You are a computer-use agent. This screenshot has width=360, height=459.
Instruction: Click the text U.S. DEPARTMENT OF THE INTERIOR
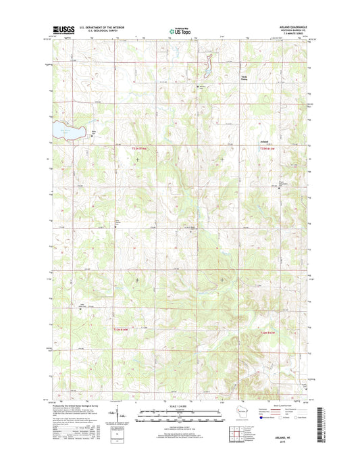[100, 26]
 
